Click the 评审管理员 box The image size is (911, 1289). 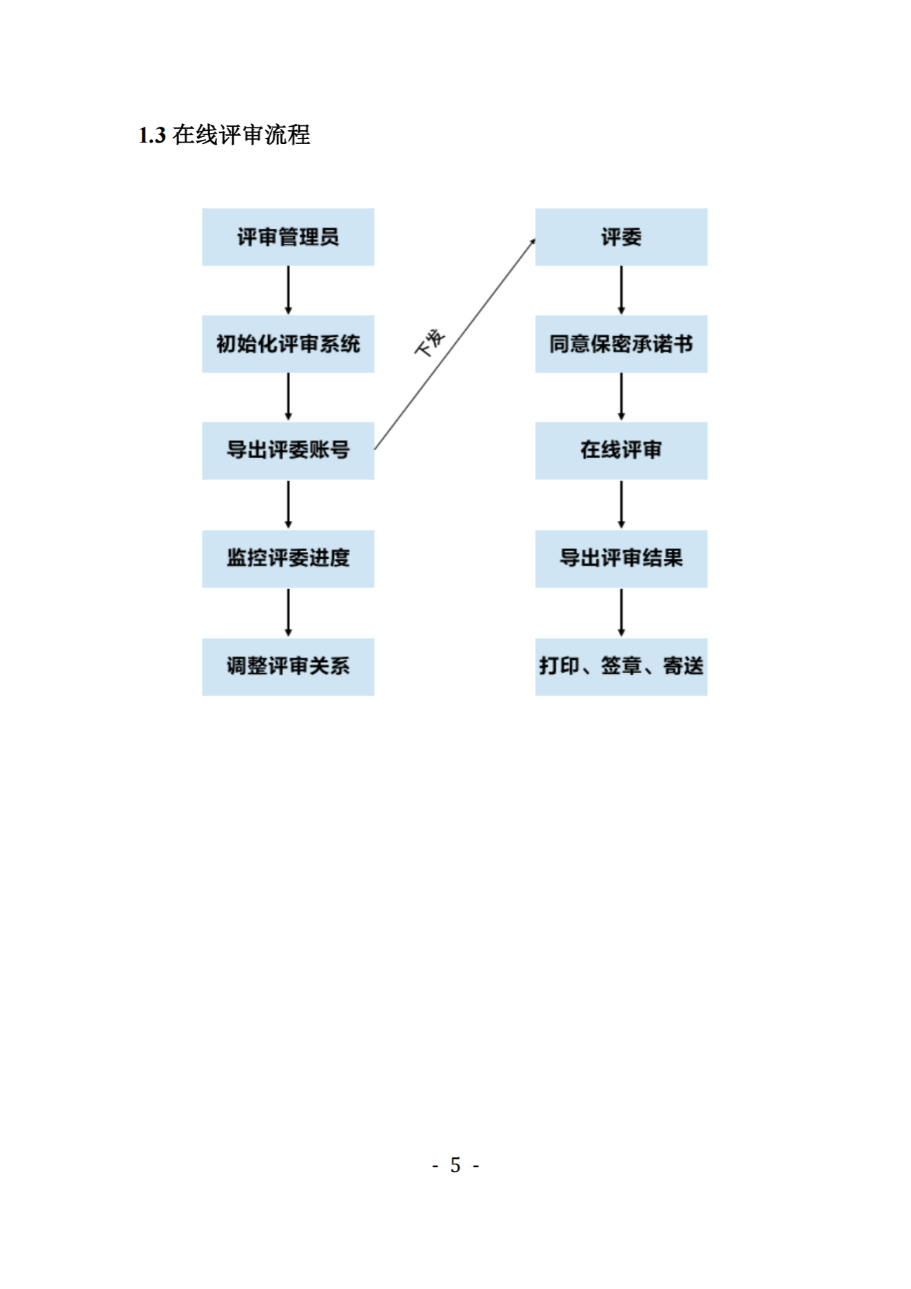pyautogui.click(x=288, y=237)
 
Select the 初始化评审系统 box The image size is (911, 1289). pyautogui.click(x=288, y=344)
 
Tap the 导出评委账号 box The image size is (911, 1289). pyautogui.click(x=288, y=451)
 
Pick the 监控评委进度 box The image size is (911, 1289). pyautogui.click(x=288, y=559)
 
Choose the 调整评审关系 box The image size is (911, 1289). pyautogui.click(x=288, y=666)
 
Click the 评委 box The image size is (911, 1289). pyautogui.click(x=621, y=237)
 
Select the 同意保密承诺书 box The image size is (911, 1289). pyautogui.click(x=621, y=344)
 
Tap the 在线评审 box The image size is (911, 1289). pyautogui.click(x=621, y=451)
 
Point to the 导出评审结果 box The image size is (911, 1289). pyautogui.click(x=621, y=559)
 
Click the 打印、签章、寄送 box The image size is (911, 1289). pyautogui.click(x=621, y=666)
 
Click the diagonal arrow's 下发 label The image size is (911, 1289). pyautogui.click(x=430, y=342)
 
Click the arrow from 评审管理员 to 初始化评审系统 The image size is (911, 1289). pyautogui.click(x=288, y=290)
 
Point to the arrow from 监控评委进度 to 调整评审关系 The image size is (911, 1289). pyautogui.click(x=288, y=612)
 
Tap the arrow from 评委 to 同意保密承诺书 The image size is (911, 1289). pyautogui.click(x=621, y=290)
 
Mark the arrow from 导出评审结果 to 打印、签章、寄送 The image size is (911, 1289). pyautogui.click(x=621, y=612)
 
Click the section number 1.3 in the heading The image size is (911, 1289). pyautogui.click(x=152, y=135)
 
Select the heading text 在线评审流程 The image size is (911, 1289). pyautogui.click(x=241, y=135)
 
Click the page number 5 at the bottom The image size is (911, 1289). pyautogui.click(x=455, y=1165)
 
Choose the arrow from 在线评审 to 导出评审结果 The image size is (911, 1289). pyautogui.click(x=621, y=504)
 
